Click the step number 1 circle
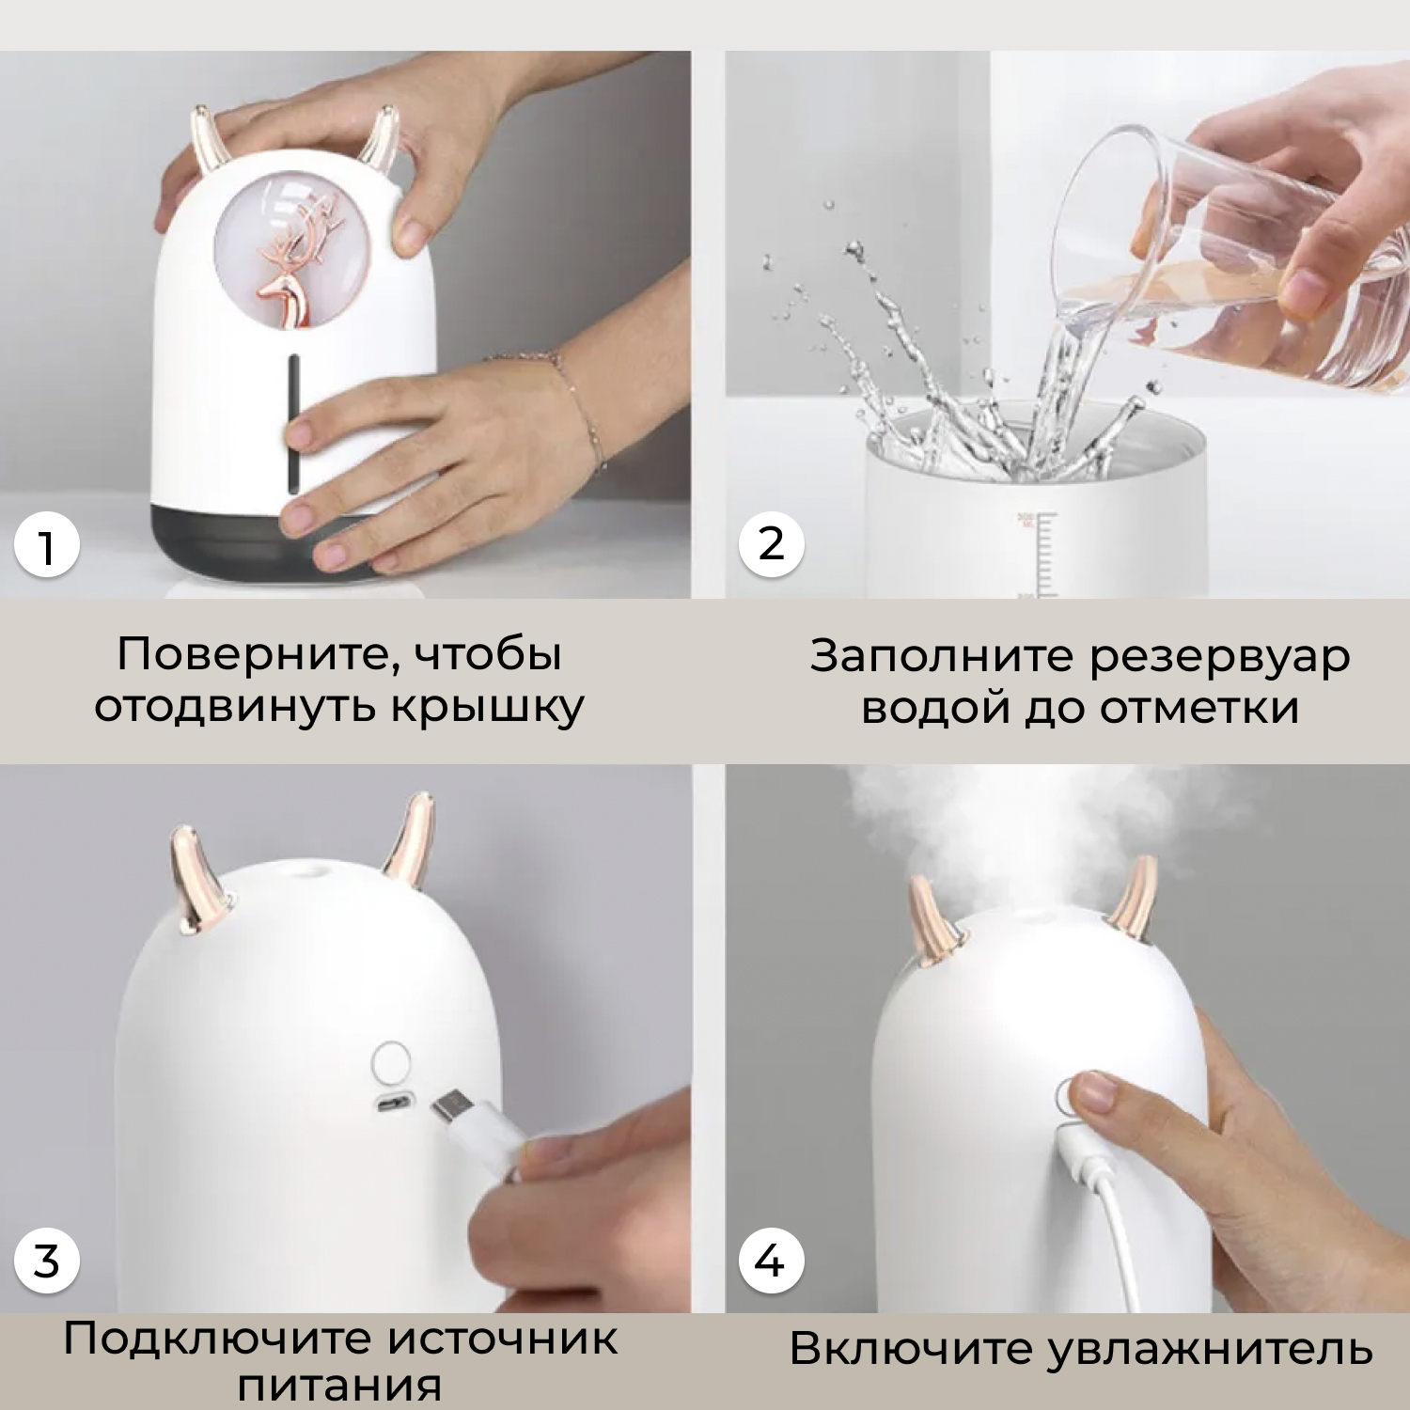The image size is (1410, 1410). click(45, 546)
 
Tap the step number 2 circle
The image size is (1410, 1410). click(771, 544)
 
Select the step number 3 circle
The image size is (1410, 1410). click(45, 1261)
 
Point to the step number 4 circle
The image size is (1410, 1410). click(771, 1261)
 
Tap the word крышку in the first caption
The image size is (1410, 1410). click(487, 707)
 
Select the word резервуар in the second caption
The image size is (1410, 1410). click(1220, 657)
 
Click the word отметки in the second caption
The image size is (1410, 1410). click(1199, 708)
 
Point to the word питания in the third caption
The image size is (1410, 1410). click(339, 1386)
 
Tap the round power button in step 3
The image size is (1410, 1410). click(392, 1062)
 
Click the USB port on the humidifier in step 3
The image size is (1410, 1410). click(395, 1103)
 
